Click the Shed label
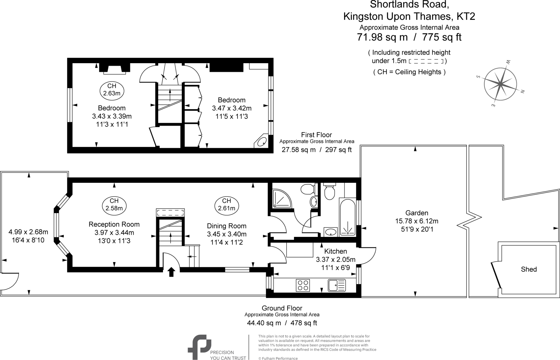(x=529, y=269)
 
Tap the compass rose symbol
(x=500, y=84)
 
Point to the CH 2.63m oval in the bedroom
(x=112, y=89)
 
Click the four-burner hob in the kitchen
(x=303, y=285)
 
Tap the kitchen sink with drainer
(x=337, y=285)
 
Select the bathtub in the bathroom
(x=348, y=216)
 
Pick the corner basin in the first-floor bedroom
(x=262, y=142)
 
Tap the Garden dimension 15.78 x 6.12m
(x=417, y=221)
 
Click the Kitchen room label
(x=336, y=251)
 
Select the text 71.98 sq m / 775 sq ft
(x=409, y=37)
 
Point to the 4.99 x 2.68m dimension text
(x=28, y=232)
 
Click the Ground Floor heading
(x=282, y=308)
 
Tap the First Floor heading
(x=316, y=135)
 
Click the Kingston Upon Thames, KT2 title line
(x=409, y=16)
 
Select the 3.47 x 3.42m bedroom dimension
(x=232, y=108)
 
